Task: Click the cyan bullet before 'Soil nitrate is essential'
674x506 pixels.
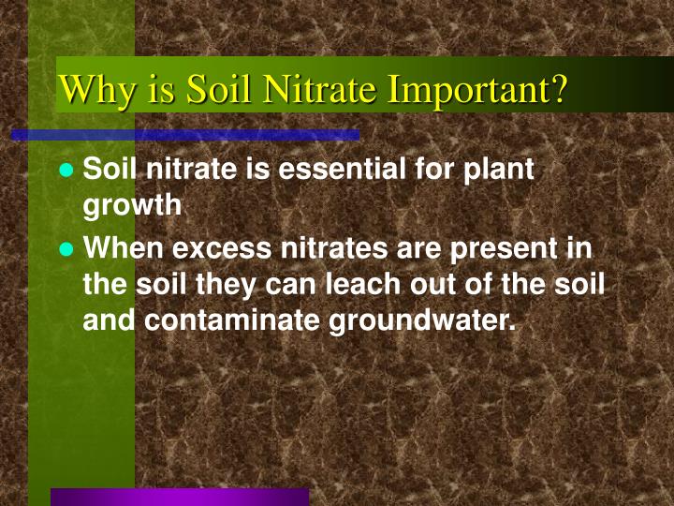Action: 66,171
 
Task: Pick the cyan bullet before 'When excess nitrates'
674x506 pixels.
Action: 66,249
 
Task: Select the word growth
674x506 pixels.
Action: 132,206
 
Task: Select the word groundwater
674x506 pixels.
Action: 421,320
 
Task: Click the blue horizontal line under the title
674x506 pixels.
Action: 185,135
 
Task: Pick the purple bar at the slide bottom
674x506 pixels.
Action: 179,497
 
